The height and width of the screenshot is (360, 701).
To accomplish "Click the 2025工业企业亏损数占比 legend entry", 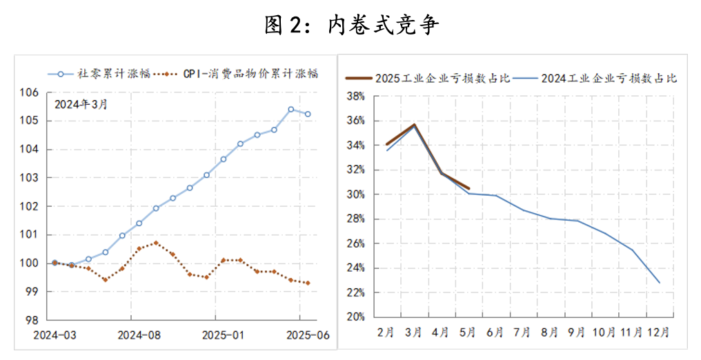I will coord(442,78).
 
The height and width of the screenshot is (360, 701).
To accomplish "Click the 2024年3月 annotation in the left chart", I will coord(81,105).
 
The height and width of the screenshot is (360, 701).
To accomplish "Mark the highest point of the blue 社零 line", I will coord(290,109).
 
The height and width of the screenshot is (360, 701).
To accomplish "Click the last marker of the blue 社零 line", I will coord(308,114).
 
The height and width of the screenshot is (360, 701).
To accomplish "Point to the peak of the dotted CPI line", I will coord(156,243).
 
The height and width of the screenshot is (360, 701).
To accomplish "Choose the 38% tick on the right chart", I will coord(355,97).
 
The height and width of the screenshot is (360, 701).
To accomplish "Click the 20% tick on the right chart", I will coord(355,317).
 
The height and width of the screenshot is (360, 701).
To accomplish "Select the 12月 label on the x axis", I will coord(658,332).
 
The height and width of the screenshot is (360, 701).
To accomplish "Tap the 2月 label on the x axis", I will coord(386,332).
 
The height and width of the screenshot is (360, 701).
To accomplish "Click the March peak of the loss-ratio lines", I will coord(413,125).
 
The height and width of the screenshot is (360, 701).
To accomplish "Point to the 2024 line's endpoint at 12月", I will coord(660,283).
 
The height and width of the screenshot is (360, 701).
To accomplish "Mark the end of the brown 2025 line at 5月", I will coord(469,188).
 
